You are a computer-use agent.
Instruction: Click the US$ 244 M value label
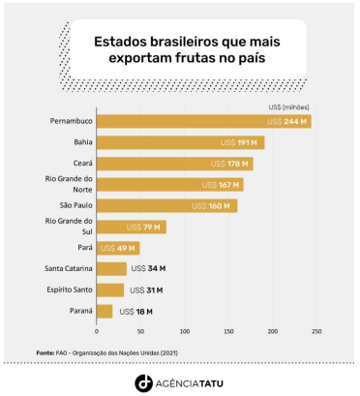pyautogui.click(x=289, y=121)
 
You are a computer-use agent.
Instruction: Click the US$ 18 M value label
pyautogui.click(x=131, y=311)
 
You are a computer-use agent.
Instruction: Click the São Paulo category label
pyautogui.click(x=71, y=205)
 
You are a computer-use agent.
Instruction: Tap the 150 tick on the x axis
pyautogui.click(x=228, y=331)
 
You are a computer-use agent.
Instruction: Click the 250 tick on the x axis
pyautogui.click(x=316, y=331)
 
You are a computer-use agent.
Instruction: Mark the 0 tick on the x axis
pyautogui.click(x=97, y=331)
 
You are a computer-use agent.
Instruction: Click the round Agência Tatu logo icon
pyautogui.click(x=142, y=381)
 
